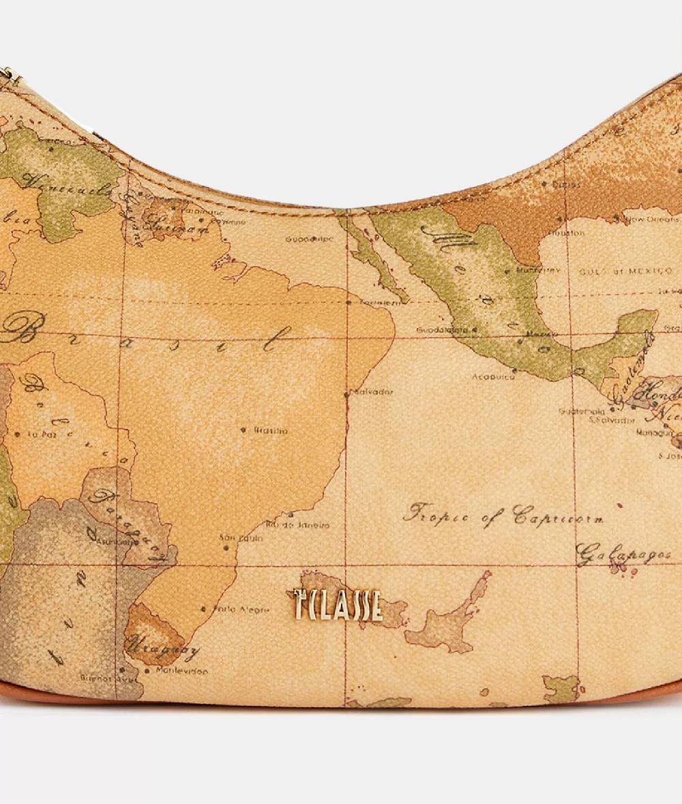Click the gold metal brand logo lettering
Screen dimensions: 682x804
(338, 604)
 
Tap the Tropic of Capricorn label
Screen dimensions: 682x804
(503, 516)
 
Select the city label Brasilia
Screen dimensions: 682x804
(271, 431)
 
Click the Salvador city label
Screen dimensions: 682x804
(374, 392)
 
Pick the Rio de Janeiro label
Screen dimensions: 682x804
(297, 525)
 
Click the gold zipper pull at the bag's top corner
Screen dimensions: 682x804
(8, 74)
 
